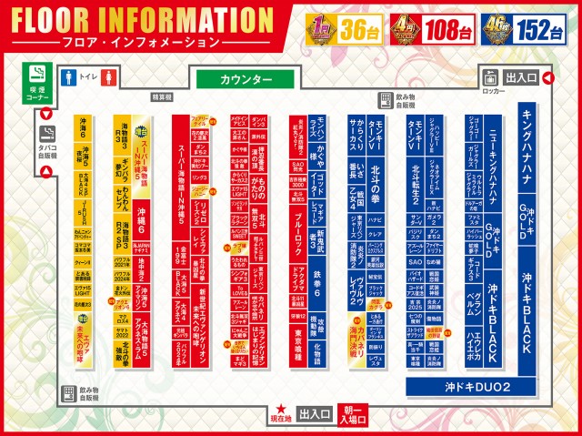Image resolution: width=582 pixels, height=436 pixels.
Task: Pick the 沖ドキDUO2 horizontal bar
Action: coord(479,388)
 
